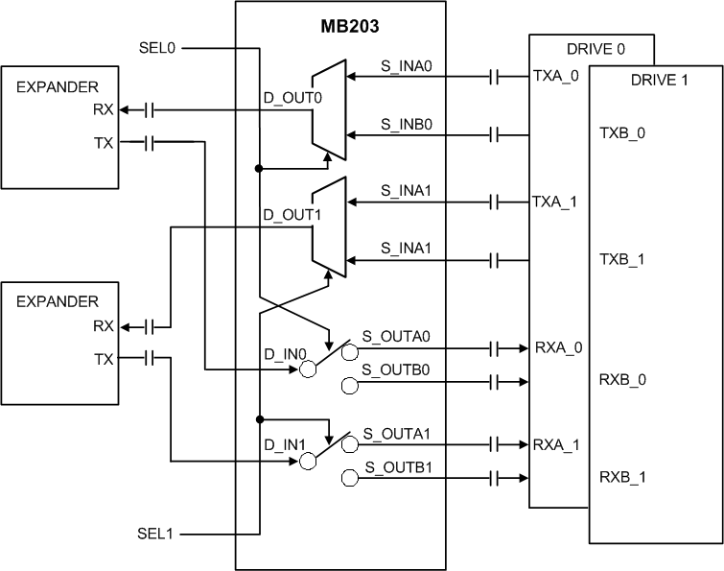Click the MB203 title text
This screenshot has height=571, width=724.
point(339,22)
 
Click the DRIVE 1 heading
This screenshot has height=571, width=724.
point(659,80)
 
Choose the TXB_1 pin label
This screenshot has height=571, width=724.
point(622,260)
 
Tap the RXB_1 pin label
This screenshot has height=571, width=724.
point(622,477)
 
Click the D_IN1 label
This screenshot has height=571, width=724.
point(280,445)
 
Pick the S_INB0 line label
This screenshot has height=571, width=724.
point(403,124)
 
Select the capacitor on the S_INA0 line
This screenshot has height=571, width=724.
point(494,77)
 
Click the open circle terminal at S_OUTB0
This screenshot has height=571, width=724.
point(350,385)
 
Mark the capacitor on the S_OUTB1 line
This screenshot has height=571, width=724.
point(494,478)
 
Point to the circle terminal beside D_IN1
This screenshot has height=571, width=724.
point(307,462)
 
